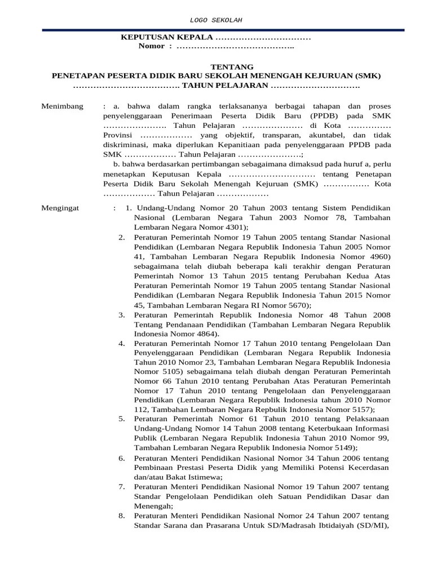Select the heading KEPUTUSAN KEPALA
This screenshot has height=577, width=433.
[x=167, y=37]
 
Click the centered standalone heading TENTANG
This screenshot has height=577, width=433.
[x=216, y=66]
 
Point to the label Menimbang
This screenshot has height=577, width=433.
[x=63, y=106]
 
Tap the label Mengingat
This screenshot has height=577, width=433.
[x=61, y=208]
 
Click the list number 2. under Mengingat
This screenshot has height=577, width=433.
[x=122, y=237]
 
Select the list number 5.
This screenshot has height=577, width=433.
[x=122, y=419]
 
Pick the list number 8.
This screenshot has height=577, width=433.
[x=122, y=516]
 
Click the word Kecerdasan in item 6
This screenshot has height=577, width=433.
[x=368, y=468]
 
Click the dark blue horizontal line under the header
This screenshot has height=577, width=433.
[x=216, y=30]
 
